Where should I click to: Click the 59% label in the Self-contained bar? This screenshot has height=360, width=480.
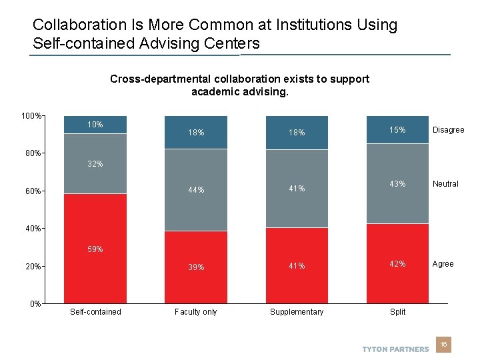pos(95,250)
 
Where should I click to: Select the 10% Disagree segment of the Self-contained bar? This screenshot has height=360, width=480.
pos(95,125)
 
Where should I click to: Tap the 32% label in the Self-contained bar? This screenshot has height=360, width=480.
pos(95,164)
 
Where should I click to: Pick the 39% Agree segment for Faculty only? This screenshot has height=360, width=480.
pos(196,267)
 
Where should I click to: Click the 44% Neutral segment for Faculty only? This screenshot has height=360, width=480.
pos(196,190)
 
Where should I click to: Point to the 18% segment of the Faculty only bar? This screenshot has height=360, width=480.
pos(196,133)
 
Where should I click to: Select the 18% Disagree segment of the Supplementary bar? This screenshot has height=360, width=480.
pos(297,133)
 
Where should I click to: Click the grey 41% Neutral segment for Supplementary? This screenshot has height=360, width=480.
pos(297,189)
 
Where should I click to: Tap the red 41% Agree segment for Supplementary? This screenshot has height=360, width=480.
pos(297,266)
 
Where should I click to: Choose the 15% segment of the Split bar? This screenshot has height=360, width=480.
pos(397,130)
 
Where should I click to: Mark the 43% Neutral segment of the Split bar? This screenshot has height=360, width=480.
pos(397,184)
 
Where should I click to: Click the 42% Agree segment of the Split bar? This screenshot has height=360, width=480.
pos(397,264)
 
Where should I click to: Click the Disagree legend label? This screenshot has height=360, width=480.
pos(448,130)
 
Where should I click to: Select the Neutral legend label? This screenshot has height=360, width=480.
pos(445,184)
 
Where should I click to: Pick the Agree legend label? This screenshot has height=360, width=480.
pos(443,264)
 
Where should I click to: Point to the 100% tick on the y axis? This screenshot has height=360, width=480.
pos(31,116)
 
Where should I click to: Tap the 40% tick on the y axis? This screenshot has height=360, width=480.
pos(33,229)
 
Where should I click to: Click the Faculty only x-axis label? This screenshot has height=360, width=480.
pos(196,312)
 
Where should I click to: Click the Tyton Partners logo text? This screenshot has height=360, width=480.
pos(395,349)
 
